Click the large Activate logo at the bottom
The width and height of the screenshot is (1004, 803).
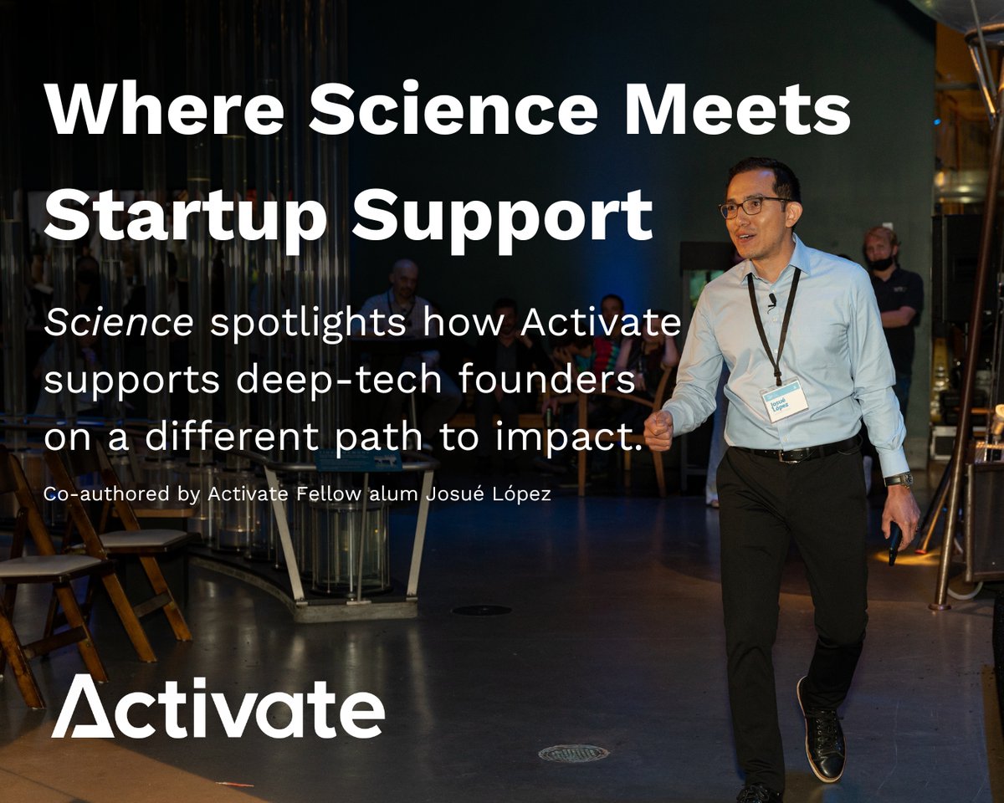coord(218,708)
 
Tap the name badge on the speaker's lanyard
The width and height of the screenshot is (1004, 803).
coord(784,399)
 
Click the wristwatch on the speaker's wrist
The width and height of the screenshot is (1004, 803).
coord(899,479)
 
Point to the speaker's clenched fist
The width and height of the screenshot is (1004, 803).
coord(658,429)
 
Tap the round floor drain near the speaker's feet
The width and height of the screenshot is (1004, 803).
coord(573,753)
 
